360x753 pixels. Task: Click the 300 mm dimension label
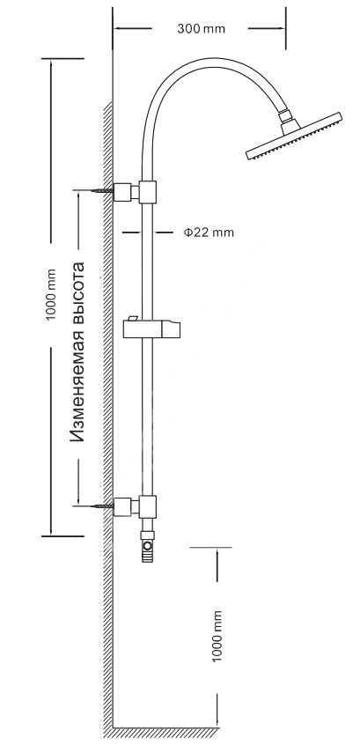pyautogui.click(x=201, y=29)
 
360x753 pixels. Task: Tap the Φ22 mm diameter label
pyautogui.click(x=209, y=233)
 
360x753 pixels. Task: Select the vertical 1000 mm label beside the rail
pyautogui.click(x=51, y=295)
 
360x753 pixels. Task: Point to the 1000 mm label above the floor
pyautogui.click(x=217, y=637)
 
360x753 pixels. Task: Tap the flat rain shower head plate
pyautogui.click(x=294, y=137)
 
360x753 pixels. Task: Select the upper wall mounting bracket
pyautogui.click(x=126, y=193)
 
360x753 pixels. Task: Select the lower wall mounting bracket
pyautogui.click(x=126, y=506)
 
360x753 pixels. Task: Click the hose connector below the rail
pyautogui.click(x=148, y=546)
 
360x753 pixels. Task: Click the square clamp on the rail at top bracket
pyautogui.click(x=148, y=192)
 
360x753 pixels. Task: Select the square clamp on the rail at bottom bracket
pyautogui.click(x=148, y=506)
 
